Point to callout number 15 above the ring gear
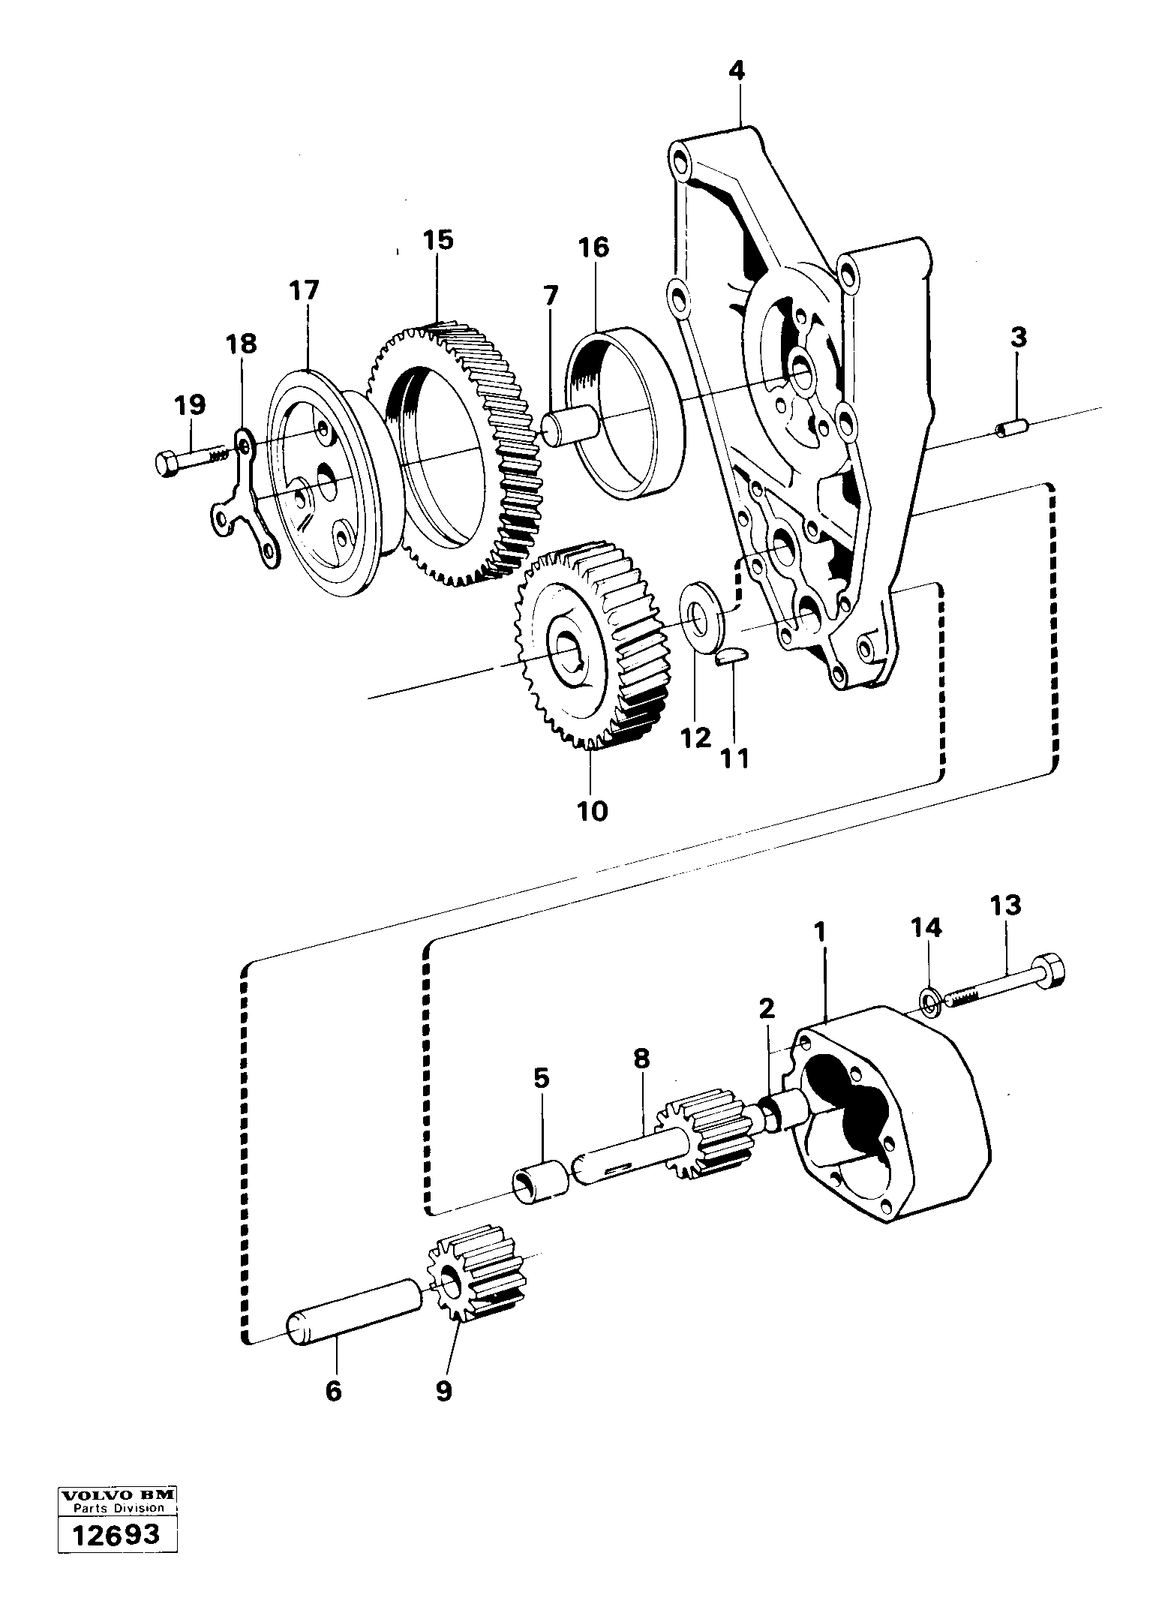[x=437, y=240]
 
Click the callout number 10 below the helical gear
[x=592, y=811]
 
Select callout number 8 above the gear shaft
[x=641, y=1059]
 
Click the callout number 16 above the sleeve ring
[x=593, y=248]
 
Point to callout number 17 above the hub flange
[x=305, y=290]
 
